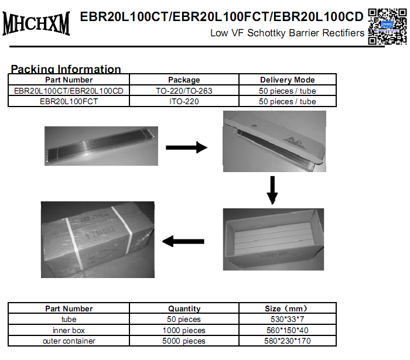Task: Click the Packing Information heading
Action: coord(66,69)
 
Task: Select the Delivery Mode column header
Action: coord(287,80)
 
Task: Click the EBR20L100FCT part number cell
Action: coord(69,101)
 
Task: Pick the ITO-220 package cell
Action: coord(184,101)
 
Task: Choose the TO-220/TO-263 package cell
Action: coord(184,91)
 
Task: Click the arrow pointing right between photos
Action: coord(186,148)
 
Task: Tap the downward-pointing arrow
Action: coord(271,190)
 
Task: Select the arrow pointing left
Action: coord(183,241)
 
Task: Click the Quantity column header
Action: coord(184,308)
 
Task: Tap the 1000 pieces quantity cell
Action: coord(184,330)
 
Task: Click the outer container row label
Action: coord(69,341)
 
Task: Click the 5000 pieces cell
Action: coord(184,341)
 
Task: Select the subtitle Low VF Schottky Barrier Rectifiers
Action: coord(287,33)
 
